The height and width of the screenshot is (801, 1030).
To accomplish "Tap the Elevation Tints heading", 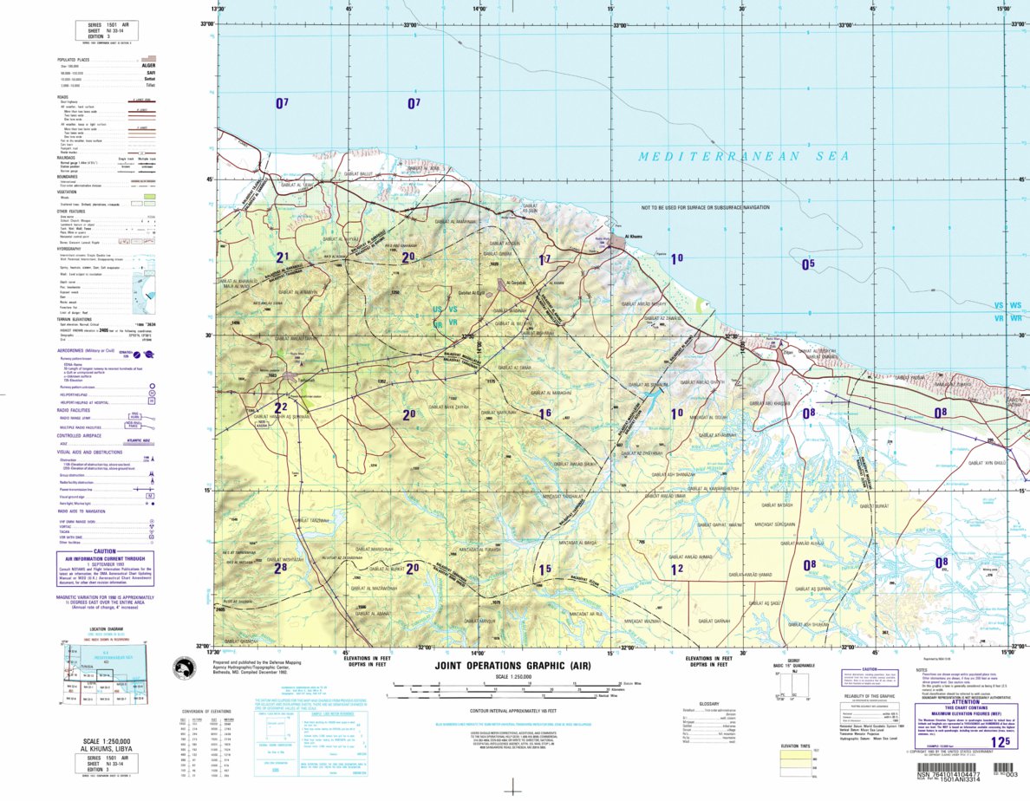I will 795,746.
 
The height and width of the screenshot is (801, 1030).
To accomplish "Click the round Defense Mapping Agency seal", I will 183,668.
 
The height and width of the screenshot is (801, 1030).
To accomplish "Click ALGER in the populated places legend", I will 147,65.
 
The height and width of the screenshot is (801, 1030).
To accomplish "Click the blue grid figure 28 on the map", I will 280,568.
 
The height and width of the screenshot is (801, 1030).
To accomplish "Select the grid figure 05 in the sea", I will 808,264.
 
